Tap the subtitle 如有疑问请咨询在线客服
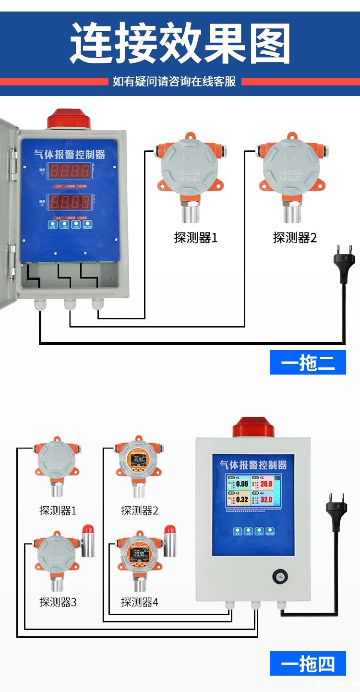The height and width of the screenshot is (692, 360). pos(174,81)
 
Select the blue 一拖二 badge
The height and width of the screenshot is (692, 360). pos(308,363)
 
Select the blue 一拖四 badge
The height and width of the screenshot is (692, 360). pos(308,664)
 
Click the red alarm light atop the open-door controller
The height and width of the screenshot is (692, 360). pos(69,119)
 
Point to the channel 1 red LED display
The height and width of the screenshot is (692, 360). pos(71,170)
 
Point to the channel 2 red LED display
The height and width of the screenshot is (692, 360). pos(71,201)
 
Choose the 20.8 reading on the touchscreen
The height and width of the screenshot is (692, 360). pos(266,484)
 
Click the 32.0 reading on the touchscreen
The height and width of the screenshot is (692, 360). pos(266,499)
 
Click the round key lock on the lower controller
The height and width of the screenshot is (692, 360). pos(278,576)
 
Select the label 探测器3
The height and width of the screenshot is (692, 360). pos(58,602)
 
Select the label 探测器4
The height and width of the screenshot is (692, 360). pos(139,602)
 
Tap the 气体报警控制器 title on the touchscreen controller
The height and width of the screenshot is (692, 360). pos(253,465)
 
